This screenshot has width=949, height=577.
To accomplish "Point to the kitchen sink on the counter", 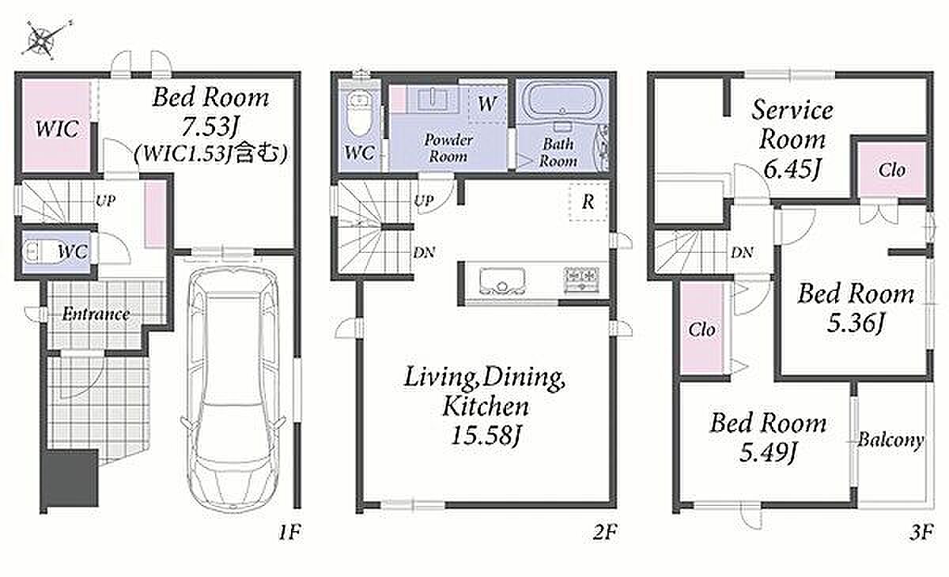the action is click(502, 281).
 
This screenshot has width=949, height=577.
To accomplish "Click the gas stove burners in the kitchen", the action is click(581, 279).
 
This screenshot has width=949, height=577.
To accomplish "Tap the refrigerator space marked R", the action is click(588, 202).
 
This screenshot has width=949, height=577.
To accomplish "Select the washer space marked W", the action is click(487, 104).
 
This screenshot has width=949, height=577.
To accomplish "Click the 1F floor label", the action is click(289, 532).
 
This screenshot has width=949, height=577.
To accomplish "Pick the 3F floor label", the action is click(921, 532).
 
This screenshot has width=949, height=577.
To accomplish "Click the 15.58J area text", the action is click(486, 436).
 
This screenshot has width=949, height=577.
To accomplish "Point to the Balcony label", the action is click(890, 440).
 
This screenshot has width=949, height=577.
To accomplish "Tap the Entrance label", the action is click(96, 314).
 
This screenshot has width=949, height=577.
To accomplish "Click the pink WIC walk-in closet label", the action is click(57, 129).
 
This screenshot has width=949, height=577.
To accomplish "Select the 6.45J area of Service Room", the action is click(792, 169).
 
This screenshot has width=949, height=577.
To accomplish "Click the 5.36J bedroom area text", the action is click(856, 324).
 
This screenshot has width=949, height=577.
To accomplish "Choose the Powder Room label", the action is click(448, 148).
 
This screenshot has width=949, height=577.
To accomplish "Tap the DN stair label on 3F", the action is click(742, 253).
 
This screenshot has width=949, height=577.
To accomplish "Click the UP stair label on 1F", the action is click(105, 201).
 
